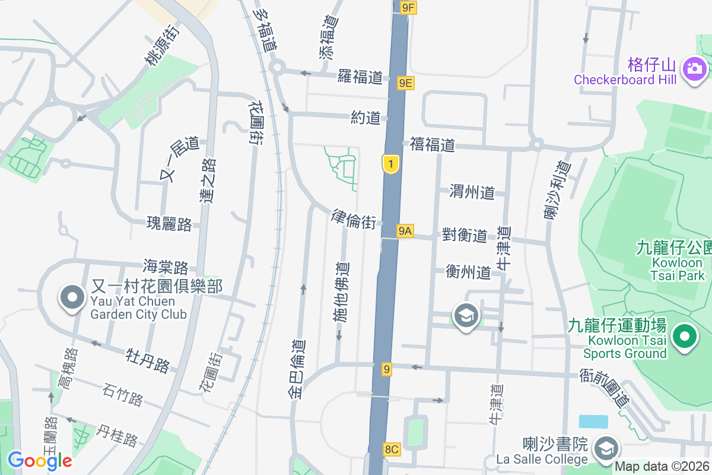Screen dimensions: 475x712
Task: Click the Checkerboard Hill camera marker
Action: point(694,68)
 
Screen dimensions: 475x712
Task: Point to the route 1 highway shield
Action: point(390,164)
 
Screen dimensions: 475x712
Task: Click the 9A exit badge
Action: point(405,231)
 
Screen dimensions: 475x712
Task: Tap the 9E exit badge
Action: point(406,83)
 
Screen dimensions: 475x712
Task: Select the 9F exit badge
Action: point(409,7)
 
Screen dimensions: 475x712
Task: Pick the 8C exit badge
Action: point(392,449)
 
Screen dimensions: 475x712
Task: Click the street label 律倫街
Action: point(353,218)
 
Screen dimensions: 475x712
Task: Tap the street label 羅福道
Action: point(361,76)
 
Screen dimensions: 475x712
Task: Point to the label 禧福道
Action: point(433,144)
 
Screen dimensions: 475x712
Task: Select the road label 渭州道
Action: point(472,192)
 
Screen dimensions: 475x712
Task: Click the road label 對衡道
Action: point(465,235)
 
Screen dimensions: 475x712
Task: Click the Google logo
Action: point(40,460)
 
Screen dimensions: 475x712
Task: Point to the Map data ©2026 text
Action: point(662,467)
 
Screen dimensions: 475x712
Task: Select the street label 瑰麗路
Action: point(170,224)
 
